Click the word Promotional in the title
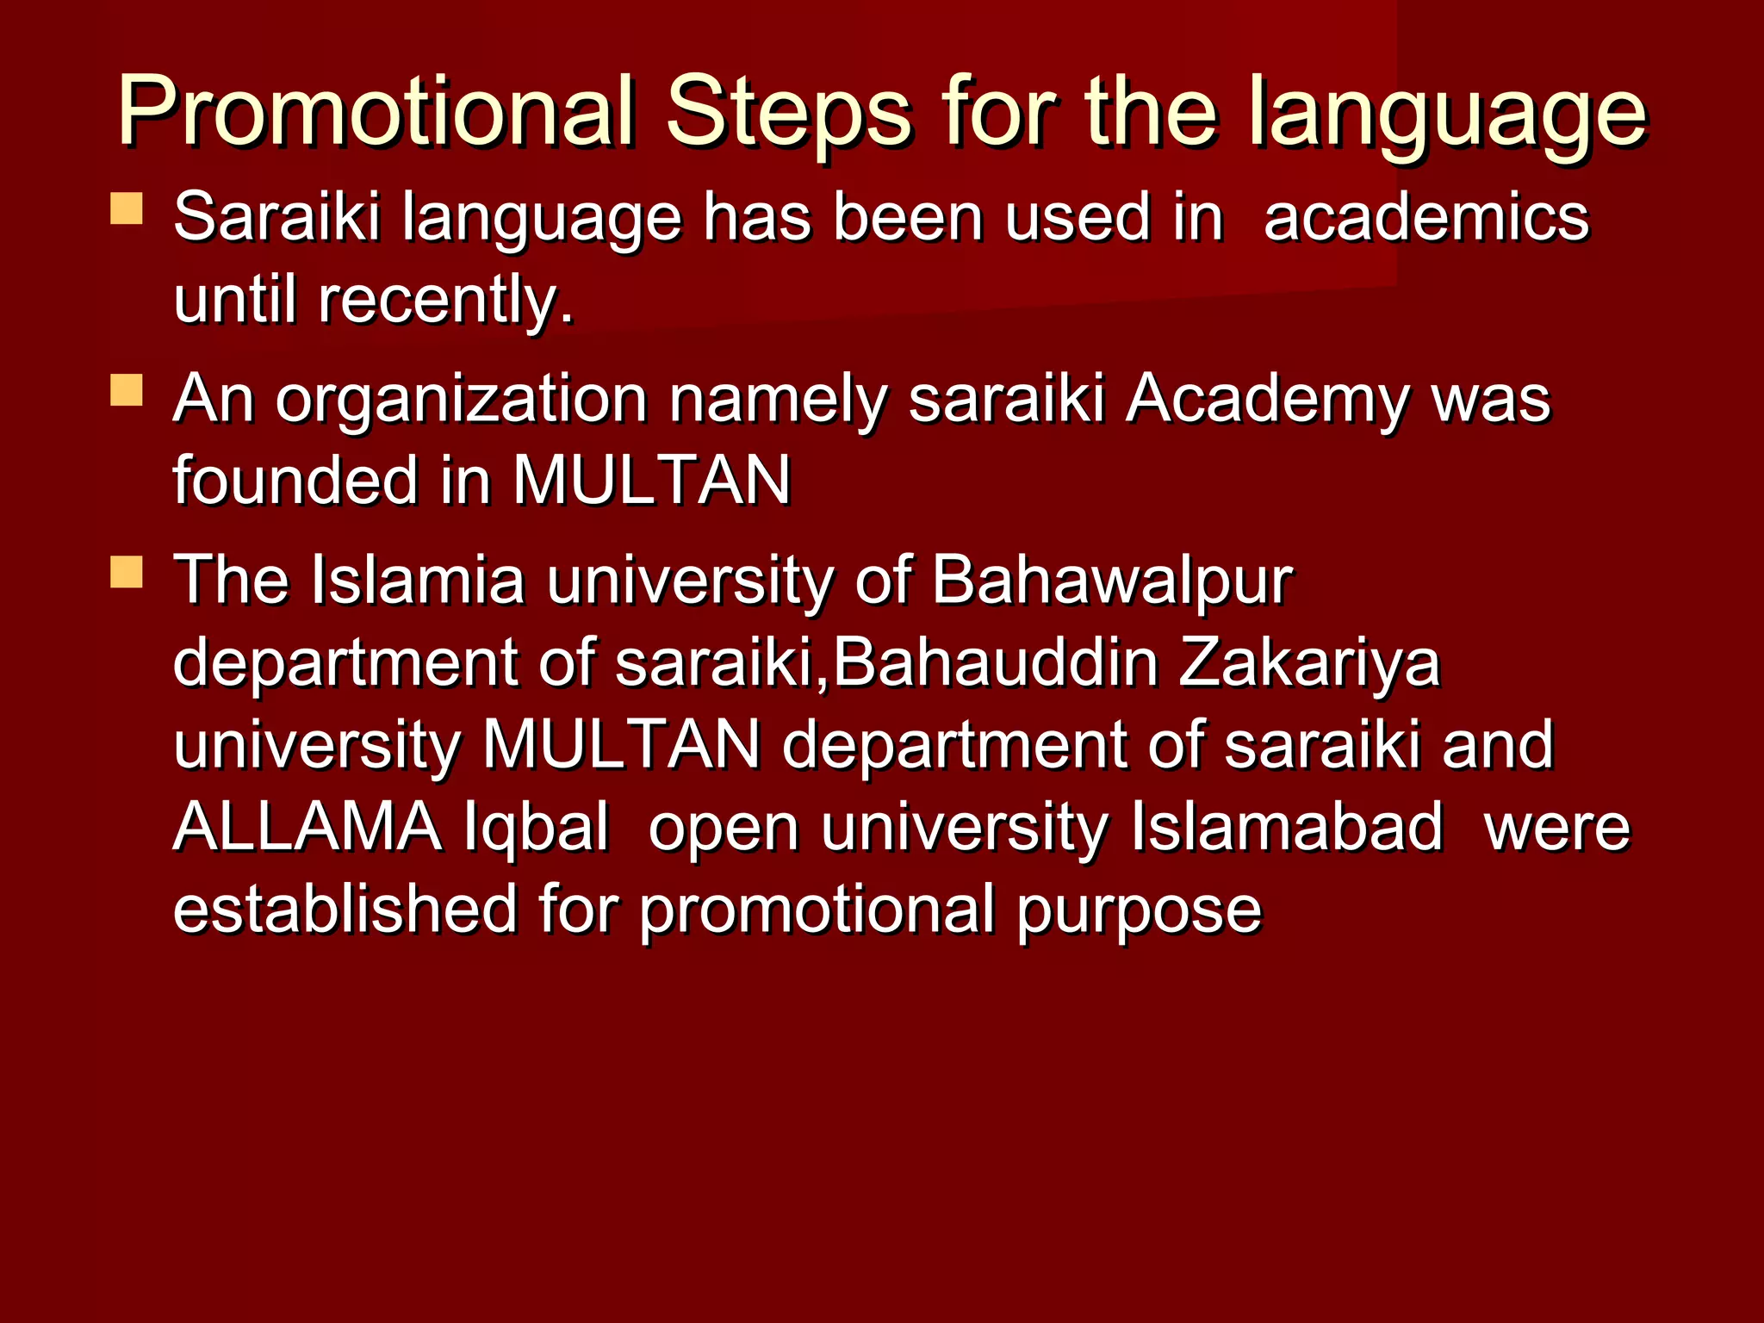pyautogui.click(x=376, y=112)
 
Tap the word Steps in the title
pyautogui.click(x=787, y=112)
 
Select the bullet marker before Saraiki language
pyautogui.click(x=127, y=208)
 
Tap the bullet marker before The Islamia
pyautogui.click(x=127, y=572)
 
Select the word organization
pyautogui.click(x=461, y=401)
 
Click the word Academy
pyautogui.click(x=1267, y=401)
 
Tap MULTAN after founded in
pyautogui.click(x=651, y=481)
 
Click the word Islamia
pyautogui.click(x=417, y=581)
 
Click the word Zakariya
pyautogui.click(x=1308, y=663)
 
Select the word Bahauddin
pyautogui.click(x=995, y=663)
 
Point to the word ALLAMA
pyautogui.click(x=307, y=827)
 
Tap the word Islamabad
pyautogui.click(x=1286, y=827)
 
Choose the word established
pyautogui.click(x=345, y=910)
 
